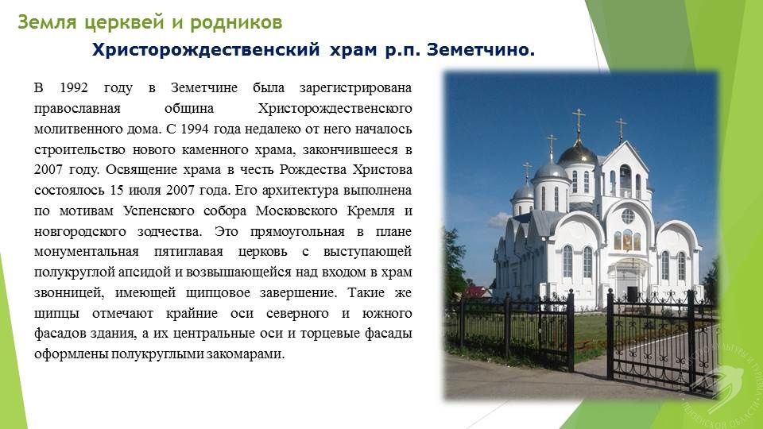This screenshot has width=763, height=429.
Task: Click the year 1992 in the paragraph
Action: [73, 88]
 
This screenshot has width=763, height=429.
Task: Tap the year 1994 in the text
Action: [195, 129]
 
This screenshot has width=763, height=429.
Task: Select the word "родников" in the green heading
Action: [236, 23]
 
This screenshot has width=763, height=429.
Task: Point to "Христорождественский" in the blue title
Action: [206, 50]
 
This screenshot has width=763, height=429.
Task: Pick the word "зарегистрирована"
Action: [355, 88]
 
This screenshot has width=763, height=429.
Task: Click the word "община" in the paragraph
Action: [189, 109]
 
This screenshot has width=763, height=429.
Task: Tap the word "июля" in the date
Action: [145, 190]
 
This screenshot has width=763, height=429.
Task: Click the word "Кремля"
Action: [371, 211]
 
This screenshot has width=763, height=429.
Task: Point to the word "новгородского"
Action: [79, 232]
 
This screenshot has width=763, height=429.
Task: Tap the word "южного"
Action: [387, 314]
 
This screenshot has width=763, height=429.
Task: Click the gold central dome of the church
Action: [577, 155]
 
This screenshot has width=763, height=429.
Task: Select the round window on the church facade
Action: [628, 216]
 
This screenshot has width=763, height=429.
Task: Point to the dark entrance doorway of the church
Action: [632, 294]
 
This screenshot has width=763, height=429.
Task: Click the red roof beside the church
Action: [476, 292]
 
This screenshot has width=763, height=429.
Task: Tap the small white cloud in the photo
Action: [499, 220]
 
